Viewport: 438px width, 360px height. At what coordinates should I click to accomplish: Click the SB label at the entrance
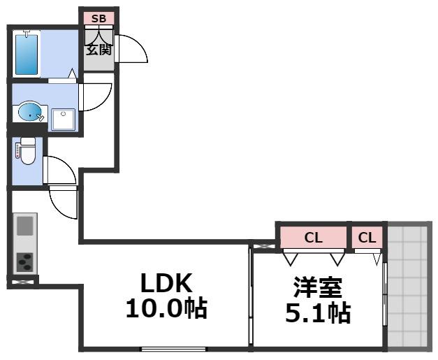98,17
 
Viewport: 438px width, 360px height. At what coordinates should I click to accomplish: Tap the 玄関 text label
98,50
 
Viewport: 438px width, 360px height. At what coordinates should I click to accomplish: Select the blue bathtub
26,52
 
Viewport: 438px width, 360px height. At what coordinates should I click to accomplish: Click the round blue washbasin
30,112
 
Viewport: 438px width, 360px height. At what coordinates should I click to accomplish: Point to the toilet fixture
27,151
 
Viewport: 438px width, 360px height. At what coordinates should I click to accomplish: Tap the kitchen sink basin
24,226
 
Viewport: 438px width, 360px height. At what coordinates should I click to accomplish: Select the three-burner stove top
24,261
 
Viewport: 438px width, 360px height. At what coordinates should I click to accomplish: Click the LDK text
166,283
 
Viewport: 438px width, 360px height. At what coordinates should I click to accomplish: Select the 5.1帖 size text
318,312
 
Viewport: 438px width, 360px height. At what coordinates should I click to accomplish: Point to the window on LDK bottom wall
173,348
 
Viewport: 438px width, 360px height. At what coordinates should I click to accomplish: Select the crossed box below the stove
22,282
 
